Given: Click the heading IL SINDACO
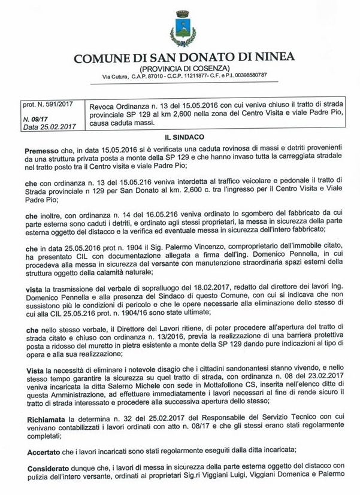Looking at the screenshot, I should coord(180,138).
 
